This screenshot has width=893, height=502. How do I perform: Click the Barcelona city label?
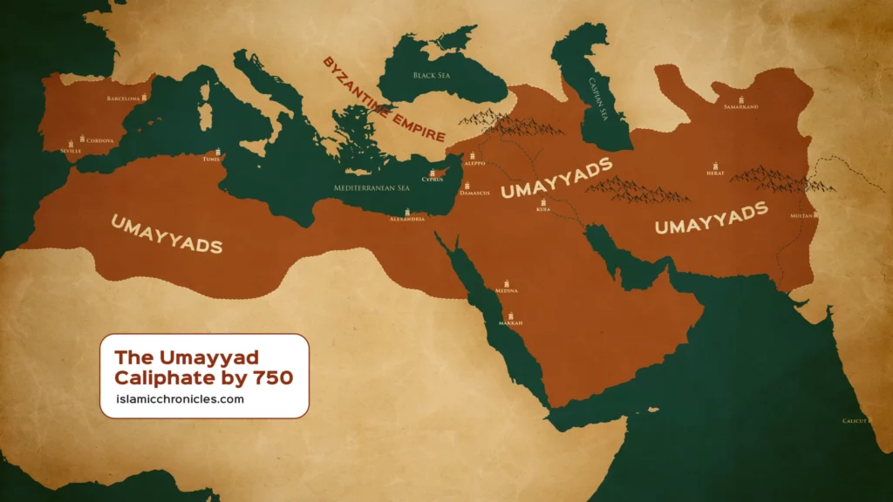pyautogui.click(x=123, y=99)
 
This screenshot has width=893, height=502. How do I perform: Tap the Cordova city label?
pyautogui.click(x=100, y=140)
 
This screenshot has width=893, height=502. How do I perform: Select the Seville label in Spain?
pyautogui.click(x=71, y=151)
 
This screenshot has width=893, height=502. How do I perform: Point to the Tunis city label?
pyautogui.click(x=212, y=159)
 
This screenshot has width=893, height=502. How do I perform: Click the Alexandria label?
pyautogui.click(x=406, y=219)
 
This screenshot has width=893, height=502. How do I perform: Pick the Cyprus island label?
pyautogui.click(x=433, y=180)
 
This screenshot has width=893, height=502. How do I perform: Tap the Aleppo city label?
pyautogui.click(x=475, y=163)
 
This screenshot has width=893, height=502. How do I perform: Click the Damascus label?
pyautogui.click(x=476, y=192)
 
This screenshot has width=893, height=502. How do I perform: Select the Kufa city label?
pyautogui.click(x=543, y=210)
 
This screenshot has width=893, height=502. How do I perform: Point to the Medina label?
pyautogui.click(x=507, y=290)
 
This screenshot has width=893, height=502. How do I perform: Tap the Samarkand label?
pyautogui.click(x=741, y=106)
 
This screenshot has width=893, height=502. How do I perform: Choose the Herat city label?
pyautogui.click(x=715, y=173)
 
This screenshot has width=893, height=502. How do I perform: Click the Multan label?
pyautogui.click(x=801, y=214)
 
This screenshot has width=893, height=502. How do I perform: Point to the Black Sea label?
pyautogui.click(x=433, y=76)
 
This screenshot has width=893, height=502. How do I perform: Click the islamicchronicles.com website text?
pyautogui.click(x=179, y=399)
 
